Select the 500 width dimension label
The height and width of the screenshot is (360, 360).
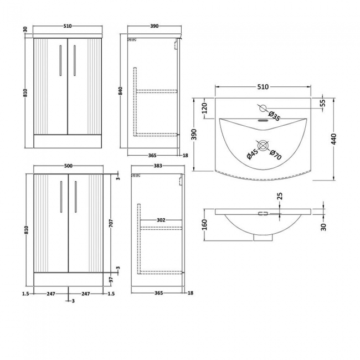[x=68, y=164]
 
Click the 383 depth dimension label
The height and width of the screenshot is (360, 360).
[x=158, y=164]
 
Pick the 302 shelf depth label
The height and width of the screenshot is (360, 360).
[x=161, y=220]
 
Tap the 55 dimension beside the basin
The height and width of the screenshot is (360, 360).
[x=322, y=103]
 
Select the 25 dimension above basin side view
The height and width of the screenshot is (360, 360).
[x=280, y=196]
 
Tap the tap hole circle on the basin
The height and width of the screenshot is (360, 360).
[x=263, y=109]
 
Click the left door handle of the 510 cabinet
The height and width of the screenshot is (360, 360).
[x=60, y=61]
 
